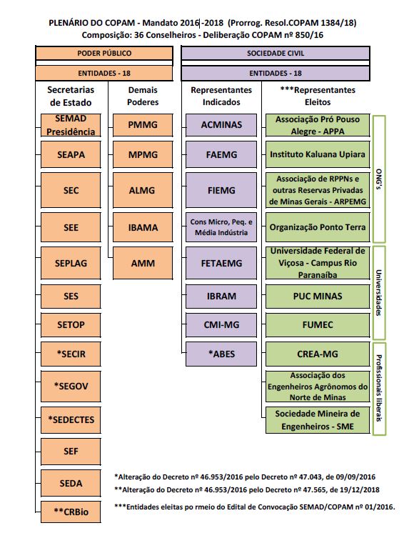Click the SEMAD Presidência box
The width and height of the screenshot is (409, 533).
tap(71, 125)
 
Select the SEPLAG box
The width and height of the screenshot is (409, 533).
tap(71, 263)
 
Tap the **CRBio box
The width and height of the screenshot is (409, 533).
tap(71, 512)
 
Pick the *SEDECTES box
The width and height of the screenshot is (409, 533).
tap(71, 420)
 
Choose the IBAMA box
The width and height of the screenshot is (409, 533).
tap(143, 227)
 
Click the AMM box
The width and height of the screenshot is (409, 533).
tap(143, 263)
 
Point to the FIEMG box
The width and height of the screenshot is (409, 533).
tap(221, 190)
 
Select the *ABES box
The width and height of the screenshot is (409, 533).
tap(221, 354)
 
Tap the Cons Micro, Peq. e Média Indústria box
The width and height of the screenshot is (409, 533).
tap(221, 227)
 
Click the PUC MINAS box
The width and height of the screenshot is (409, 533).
tap(318, 297)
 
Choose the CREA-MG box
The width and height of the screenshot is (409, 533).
tap(318, 354)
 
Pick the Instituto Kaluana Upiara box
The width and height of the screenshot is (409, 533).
tap(318, 154)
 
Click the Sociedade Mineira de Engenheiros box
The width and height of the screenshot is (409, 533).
tap(318, 420)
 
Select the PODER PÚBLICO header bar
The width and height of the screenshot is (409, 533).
tap(104, 54)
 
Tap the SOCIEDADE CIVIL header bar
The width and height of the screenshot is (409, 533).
tap(276, 54)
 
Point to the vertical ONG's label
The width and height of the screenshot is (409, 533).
tap(379, 179)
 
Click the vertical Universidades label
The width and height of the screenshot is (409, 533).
tap(379, 293)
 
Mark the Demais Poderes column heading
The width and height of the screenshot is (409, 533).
tap(143, 96)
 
